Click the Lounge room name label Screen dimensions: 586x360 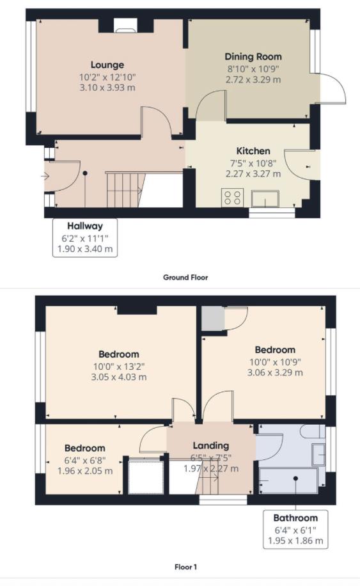click(107, 65)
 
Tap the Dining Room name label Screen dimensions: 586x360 click(253, 57)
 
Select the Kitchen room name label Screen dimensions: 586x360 click(253, 151)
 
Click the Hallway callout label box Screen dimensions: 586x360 click(85, 237)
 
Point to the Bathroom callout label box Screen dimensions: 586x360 click(295, 529)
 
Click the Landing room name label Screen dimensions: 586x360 click(211, 445)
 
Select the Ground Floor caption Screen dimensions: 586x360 click(185, 278)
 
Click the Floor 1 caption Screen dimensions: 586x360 click(185, 567)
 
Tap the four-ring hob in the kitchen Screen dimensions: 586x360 click(231, 198)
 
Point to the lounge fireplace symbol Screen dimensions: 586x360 click(126, 26)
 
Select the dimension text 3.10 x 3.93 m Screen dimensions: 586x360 click(107, 88)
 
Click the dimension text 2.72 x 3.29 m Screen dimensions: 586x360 click(253, 80)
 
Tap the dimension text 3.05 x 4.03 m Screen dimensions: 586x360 click(118, 377)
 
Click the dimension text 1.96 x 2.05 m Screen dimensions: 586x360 click(84, 471)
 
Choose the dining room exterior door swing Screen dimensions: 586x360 click(331, 88)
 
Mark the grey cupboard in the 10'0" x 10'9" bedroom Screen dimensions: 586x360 click(210, 319)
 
